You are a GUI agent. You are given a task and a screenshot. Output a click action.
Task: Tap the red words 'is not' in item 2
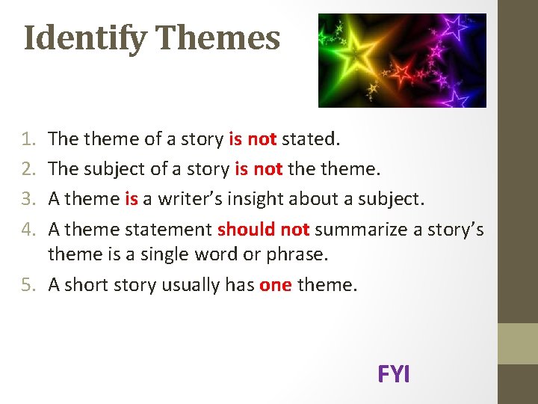259,169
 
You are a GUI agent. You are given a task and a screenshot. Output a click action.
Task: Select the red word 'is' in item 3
132,198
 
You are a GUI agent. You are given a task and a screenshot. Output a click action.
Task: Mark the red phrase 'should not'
263,228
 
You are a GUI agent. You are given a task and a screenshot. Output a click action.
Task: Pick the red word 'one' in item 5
276,284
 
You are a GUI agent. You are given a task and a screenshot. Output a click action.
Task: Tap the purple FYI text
394,374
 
